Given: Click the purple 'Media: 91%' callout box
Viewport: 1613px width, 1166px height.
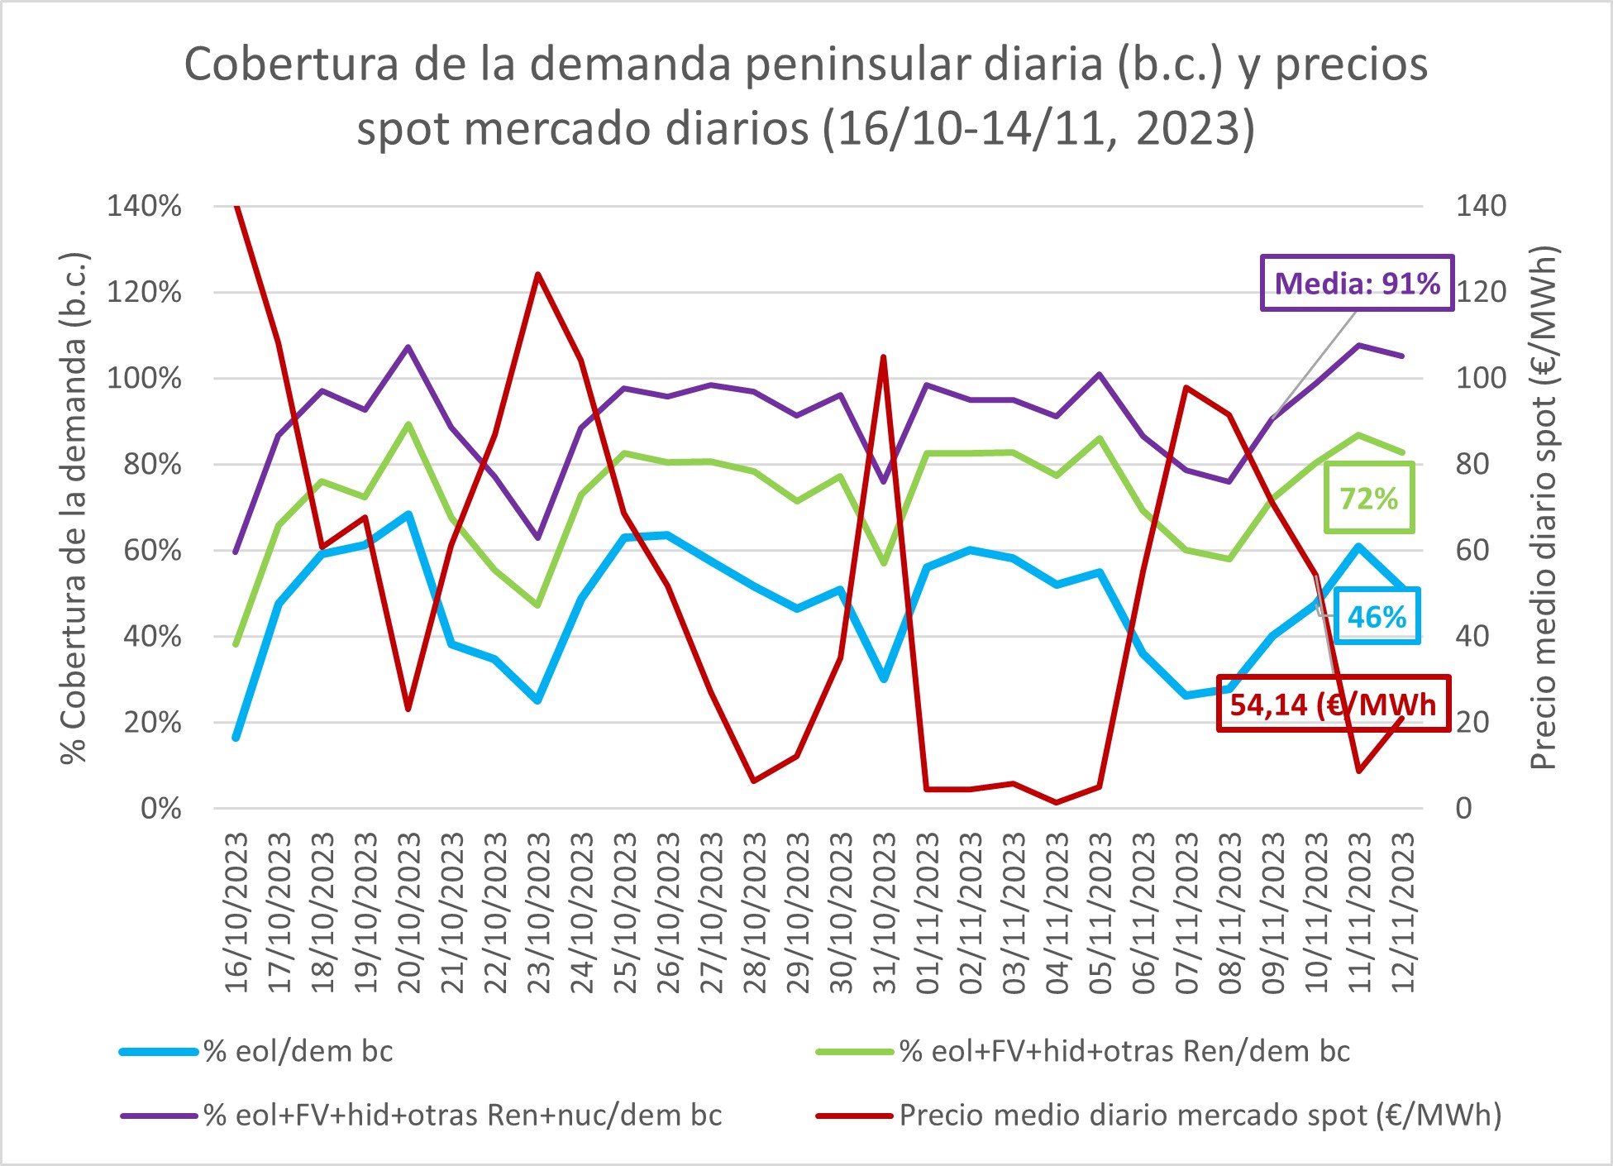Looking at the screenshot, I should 1356,284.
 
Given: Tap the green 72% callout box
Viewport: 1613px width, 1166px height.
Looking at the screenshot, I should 1369,498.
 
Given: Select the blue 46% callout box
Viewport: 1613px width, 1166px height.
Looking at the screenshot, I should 1377,616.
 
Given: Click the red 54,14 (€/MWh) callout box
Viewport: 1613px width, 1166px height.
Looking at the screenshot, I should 1333,705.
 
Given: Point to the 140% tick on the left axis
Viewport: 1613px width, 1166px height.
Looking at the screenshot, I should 144,206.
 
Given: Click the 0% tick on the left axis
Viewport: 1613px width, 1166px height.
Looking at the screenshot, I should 160,808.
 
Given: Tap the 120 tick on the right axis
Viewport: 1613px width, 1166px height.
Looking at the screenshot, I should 1481,292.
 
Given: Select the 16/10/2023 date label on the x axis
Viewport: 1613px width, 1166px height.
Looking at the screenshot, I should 236,913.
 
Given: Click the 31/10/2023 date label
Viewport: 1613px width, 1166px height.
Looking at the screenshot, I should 884,913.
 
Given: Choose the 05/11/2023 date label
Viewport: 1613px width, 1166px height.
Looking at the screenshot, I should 1100,913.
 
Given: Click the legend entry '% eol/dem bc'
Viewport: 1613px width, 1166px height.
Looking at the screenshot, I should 298,1051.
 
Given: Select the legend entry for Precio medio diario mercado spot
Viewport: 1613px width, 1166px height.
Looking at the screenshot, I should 1199,1116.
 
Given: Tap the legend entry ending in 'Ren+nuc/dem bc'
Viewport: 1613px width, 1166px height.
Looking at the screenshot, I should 462,1116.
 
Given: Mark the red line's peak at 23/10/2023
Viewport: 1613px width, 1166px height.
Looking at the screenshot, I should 538,274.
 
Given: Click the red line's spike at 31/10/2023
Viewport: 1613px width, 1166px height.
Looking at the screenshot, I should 884,357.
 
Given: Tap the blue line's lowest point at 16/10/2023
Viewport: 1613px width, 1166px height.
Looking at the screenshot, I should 236,738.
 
